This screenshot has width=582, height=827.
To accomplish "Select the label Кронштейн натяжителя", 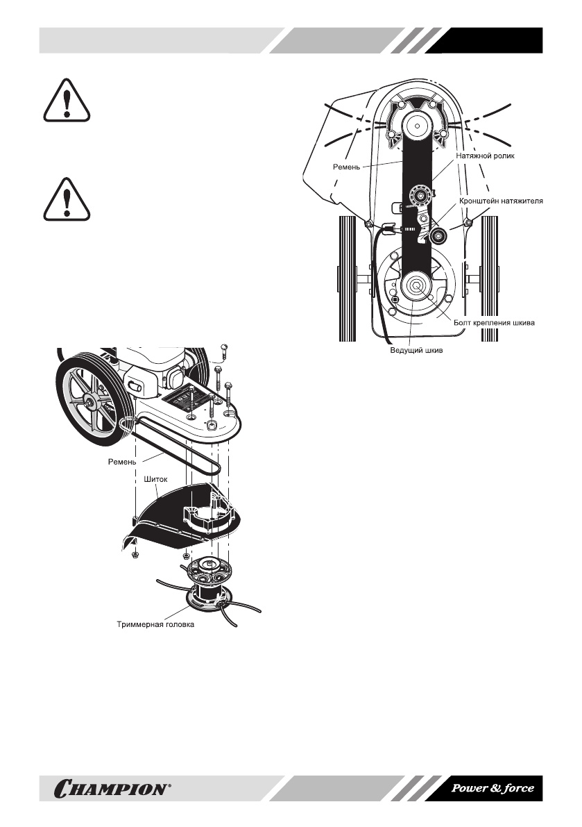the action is [500, 201].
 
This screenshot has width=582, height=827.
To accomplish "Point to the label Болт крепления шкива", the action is [495, 322].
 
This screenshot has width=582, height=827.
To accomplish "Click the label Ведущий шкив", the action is [416, 351].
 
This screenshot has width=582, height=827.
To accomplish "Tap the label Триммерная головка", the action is [155, 624].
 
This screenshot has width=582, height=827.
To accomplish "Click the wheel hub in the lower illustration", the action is [91, 400].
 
